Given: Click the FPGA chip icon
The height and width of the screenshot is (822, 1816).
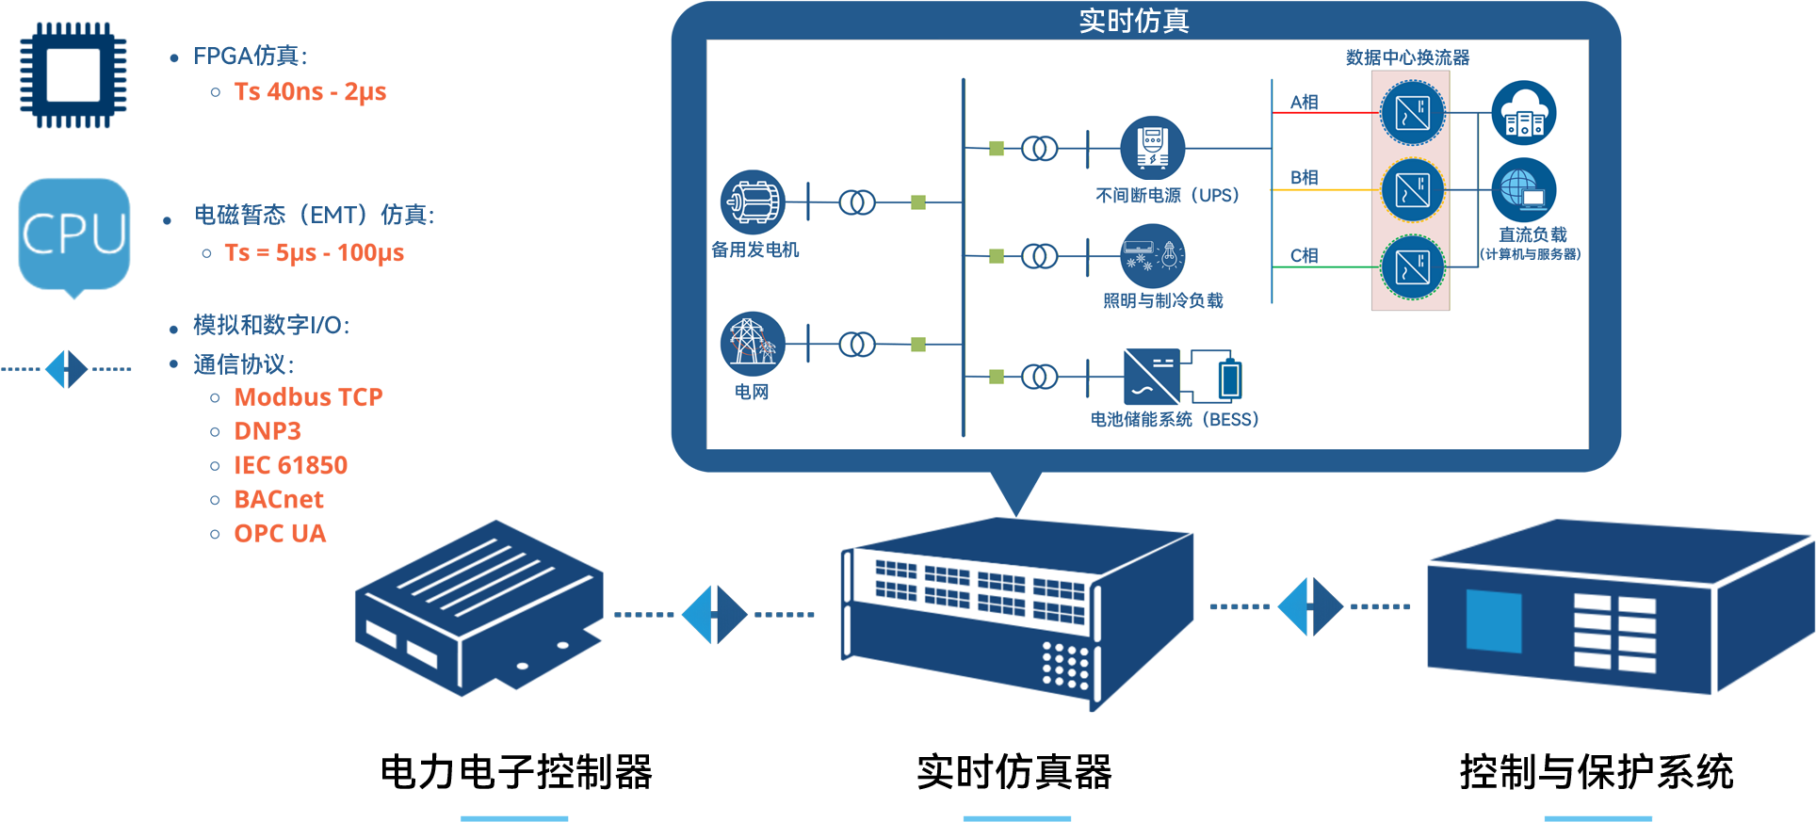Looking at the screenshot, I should (x=73, y=75).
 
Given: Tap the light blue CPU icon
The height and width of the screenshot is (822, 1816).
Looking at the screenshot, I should (x=74, y=234).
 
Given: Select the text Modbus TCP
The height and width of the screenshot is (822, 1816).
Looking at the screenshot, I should (x=308, y=397).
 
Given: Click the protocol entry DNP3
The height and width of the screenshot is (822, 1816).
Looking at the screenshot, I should (x=268, y=431).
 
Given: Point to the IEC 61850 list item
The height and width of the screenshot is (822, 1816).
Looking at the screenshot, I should (x=290, y=465).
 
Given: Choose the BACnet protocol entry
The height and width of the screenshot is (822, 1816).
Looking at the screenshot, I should (x=279, y=499).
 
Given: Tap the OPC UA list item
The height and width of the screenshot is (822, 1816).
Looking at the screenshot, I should (x=280, y=534).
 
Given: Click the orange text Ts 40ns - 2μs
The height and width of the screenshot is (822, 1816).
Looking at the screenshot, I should (x=310, y=92).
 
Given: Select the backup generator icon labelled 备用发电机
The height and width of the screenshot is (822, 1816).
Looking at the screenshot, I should (x=752, y=201).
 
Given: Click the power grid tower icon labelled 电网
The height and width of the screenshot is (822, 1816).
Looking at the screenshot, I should (x=752, y=343).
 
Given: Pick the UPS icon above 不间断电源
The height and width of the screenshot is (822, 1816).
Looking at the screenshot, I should (x=1152, y=148).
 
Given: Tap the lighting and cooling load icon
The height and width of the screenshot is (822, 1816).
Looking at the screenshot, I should (x=1152, y=255).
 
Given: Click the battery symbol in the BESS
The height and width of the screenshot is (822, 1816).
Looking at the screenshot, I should (x=1229, y=379).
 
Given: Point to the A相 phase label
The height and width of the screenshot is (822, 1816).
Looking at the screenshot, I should (x=1304, y=102).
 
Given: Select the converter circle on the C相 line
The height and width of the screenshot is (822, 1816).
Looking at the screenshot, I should (x=1412, y=267).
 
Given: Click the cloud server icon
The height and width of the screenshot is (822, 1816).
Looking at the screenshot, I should (x=1523, y=113).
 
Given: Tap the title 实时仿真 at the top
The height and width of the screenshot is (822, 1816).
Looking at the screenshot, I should (x=1134, y=21).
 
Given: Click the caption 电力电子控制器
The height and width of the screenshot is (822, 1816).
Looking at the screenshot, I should (x=515, y=772).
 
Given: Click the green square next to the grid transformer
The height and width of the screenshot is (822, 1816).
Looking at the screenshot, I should (x=918, y=345).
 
